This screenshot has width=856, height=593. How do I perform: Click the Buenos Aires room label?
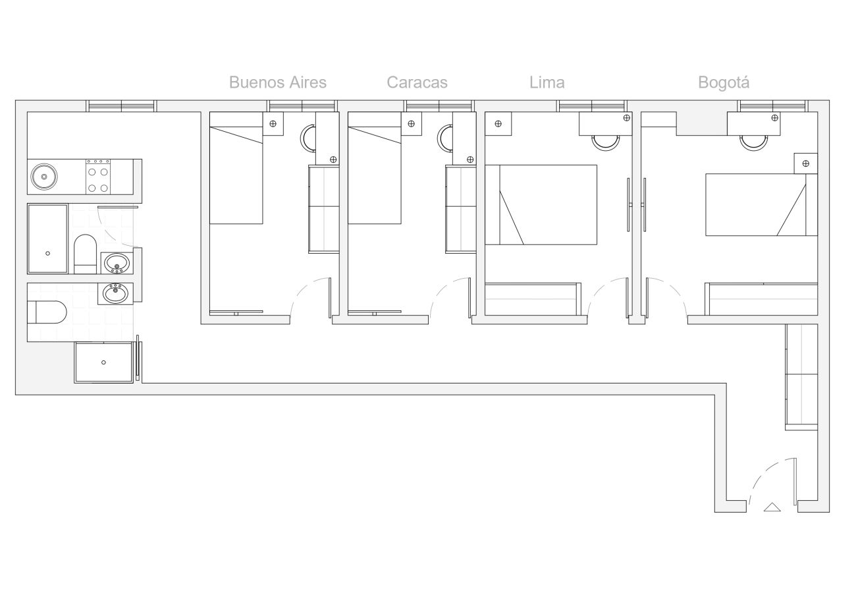[x=277, y=82]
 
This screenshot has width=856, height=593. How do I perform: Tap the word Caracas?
[x=417, y=82]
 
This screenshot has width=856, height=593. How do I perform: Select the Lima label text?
[x=547, y=82]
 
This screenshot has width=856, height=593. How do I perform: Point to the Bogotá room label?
[x=723, y=82]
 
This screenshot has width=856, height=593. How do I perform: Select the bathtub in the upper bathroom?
[x=47, y=238]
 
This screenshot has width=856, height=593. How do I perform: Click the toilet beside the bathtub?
[x=85, y=253]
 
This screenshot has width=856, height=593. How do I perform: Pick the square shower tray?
[x=103, y=362]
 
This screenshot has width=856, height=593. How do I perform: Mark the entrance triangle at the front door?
[x=772, y=507]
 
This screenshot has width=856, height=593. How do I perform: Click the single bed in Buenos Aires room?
[x=236, y=168]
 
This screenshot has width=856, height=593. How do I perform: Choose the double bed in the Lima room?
[x=541, y=205]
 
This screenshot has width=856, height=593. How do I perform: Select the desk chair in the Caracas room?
[x=446, y=138]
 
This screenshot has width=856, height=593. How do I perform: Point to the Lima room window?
[x=591, y=105]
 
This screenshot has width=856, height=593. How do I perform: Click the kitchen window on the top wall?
[x=121, y=105]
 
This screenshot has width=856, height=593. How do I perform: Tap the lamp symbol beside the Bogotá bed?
[x=805, y=163]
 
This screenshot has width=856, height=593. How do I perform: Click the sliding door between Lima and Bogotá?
[x=636, y=205]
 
